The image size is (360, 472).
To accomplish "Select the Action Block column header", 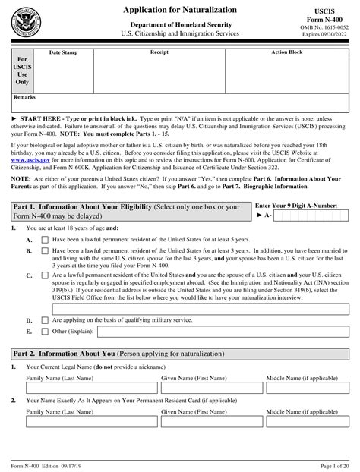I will [287, 53].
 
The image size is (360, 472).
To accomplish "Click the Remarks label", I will [24, 98].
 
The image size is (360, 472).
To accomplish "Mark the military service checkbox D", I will [45, 320].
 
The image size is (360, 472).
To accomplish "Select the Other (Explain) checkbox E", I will [45, 332].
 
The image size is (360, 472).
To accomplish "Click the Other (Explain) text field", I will [217, 332].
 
